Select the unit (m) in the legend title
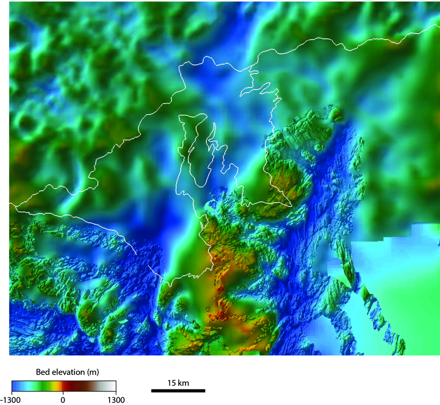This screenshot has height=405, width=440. [x=93, y=372]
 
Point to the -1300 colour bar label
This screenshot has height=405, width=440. [x=11, y=399]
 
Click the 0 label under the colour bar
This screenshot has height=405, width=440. [x=63, y=399]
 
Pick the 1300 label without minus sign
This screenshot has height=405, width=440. [x=116, y=399]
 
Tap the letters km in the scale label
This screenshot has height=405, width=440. [x=184, y=383]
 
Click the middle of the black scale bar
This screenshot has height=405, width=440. [x=178, y=391]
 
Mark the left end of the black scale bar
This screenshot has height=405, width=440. [x=152, y=391]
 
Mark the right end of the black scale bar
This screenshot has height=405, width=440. [x=205, y=391]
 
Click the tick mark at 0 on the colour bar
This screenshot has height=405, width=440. [x=63, y=394]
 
